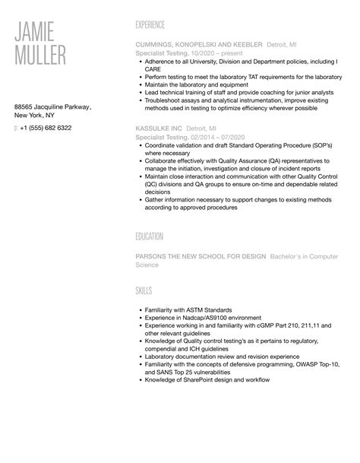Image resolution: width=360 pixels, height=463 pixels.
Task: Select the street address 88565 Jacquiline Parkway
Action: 52,108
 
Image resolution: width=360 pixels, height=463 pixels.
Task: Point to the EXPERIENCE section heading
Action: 149,25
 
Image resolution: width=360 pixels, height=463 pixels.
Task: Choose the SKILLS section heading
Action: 142,291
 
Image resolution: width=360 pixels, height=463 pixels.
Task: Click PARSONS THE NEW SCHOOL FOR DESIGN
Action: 199,256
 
